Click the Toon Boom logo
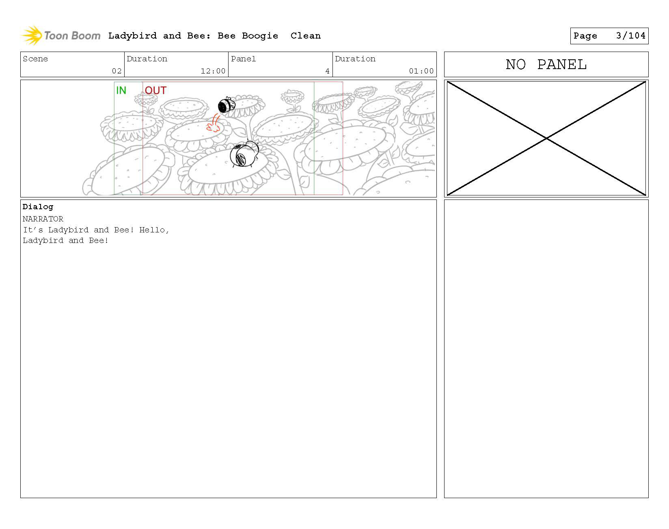[x=61, y=35]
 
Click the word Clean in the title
[x=306, y=36]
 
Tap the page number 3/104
[x=630, y=36]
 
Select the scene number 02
[x=117, y=71]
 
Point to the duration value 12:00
[x=213, y=71]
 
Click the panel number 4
[x=327, y=71]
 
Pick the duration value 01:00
[x=421, y=71]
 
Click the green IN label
[x=121, y=90]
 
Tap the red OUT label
[x=156, y=90]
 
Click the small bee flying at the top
[x=227, y=105]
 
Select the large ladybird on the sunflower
[x=244, y=154]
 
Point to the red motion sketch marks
[x=214, y=123]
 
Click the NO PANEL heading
[x=546, y=65]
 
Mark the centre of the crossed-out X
[x=546, y=139]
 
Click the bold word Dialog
[x=38, y=207]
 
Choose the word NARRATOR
[x=43, y=219]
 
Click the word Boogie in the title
[x=260, y=36]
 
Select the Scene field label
[x=35, y=59]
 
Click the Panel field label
[x=244, y=59]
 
